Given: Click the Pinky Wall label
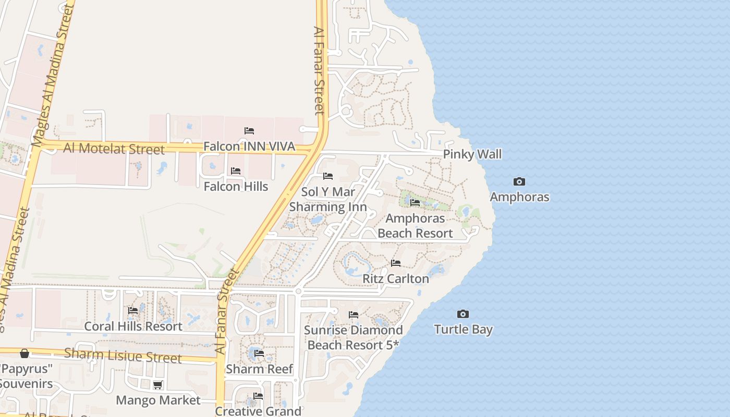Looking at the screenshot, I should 472,154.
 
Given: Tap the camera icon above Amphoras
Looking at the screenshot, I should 519,182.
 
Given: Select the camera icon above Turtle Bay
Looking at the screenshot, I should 463,314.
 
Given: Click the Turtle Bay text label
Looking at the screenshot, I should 463,329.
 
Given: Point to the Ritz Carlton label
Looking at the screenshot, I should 396,279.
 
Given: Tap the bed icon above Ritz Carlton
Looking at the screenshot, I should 396,263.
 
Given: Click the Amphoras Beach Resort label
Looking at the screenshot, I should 415,226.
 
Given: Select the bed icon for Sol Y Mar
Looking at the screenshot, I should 328,176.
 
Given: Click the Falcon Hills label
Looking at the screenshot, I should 236,187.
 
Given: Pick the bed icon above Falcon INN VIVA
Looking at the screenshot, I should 249,130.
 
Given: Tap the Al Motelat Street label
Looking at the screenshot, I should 114,149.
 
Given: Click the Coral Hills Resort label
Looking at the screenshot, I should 133,326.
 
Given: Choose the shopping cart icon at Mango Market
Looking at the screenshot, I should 157,385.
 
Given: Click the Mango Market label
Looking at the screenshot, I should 158,400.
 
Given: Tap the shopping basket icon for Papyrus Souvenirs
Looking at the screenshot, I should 25,353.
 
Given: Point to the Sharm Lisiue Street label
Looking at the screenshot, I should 123,355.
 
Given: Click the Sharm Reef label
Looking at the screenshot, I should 259,369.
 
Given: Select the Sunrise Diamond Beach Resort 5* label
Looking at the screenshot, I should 353,337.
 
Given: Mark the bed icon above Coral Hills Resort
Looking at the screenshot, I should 133,311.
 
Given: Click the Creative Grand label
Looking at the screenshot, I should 258,411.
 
